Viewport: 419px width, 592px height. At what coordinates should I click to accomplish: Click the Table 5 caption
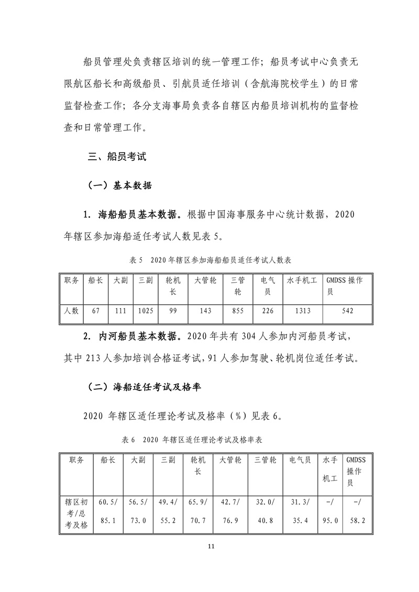point(210,260)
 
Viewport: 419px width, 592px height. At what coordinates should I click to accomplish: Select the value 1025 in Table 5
point(146,310)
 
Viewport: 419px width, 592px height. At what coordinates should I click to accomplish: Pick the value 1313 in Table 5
point(302,310)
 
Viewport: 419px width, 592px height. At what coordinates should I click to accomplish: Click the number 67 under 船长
point(95,310)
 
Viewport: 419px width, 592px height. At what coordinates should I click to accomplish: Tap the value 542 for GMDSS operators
point(347,310)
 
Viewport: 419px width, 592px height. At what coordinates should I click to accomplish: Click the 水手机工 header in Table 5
point(302,281)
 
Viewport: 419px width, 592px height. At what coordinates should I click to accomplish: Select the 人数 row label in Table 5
point(71,310)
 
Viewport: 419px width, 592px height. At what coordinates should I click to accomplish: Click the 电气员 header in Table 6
point(300,460)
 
